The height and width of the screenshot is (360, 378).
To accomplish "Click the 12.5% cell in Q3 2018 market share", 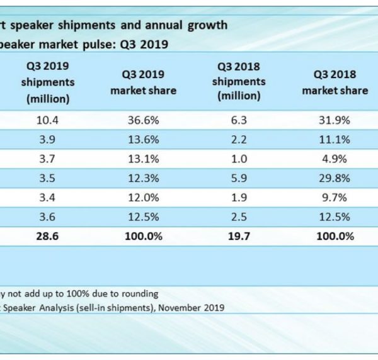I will (x=335, y=218).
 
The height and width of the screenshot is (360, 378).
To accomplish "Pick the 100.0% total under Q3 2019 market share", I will (x=143, y=236).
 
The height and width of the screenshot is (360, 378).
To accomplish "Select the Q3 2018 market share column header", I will (x=335, y=82).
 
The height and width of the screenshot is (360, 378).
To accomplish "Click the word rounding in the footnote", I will (x=140, y=293).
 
